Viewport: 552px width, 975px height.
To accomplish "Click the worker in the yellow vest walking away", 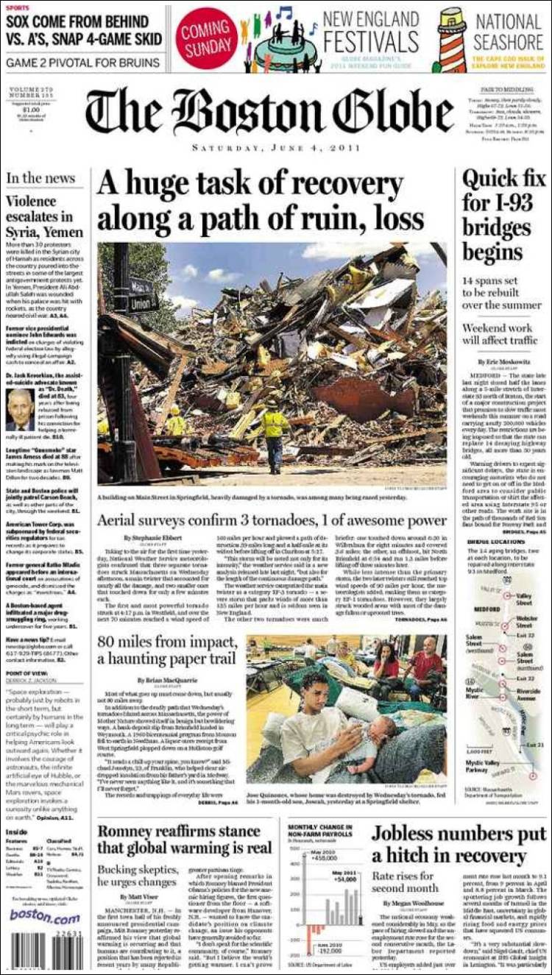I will (x=275, y=439).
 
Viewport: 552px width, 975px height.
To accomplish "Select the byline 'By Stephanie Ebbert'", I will (x=146, y=538).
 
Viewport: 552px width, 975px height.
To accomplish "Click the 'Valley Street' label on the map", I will (x=524, y=598).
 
